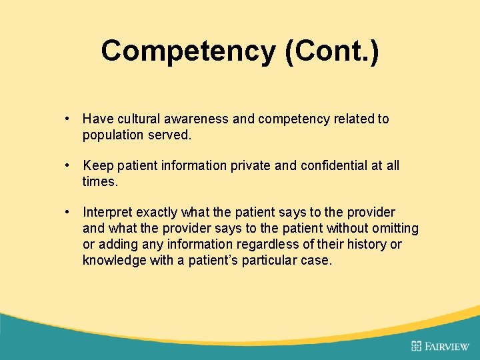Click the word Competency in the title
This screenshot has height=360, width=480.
pyautogui.click(x=188, y=51)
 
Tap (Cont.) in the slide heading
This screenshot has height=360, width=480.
pyautogui.click(x=331, y=51)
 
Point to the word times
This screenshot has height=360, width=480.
pyautogui.click(x=99, y=181)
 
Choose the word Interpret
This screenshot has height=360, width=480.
pyautogui.click(x=107, y=213)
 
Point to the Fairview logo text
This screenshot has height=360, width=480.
pyautogui.click(x=447, y=345)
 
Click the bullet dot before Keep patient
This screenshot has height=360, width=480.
pyautogui.click(x=69, y=165)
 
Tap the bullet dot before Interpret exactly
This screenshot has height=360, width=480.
pyautogui.click(x=69, y=213)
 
